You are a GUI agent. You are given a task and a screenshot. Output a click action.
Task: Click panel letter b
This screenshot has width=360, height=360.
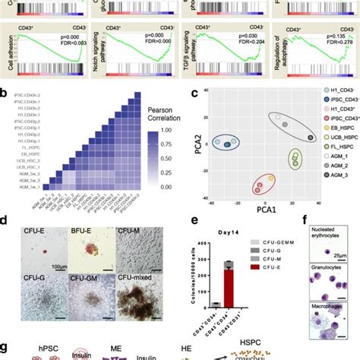[x=5, y=94]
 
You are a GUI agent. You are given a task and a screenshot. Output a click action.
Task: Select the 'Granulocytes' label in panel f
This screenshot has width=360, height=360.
[x=328, y=269]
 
